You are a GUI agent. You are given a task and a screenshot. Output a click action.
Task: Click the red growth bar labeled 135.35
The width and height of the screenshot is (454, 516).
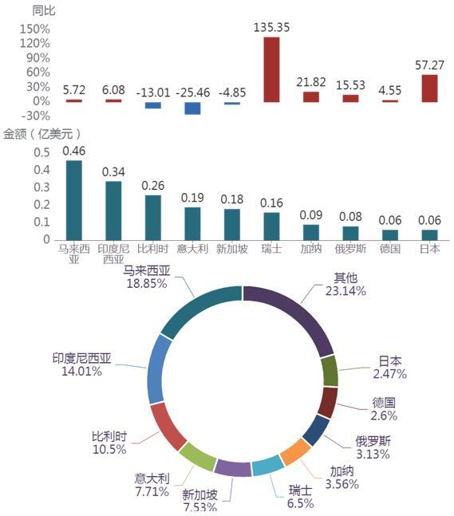pyautogui.click(x=271, y=69)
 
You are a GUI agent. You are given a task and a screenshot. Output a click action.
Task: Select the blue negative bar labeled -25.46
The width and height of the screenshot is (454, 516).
pyautogui.click(x=192, y=108)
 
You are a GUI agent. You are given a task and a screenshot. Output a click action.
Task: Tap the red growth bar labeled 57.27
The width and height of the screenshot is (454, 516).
pyautogui.click(x=429, y=89)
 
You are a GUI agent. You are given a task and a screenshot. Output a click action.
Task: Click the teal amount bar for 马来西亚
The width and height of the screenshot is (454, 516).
pyautogui.click(x=74, y=200)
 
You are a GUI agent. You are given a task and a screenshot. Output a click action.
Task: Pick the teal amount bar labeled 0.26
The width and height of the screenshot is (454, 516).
pyautogui.click(x=153, y=218)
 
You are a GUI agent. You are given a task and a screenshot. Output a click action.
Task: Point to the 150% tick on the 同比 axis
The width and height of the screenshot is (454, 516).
pyautogui.click(x=35, y=29)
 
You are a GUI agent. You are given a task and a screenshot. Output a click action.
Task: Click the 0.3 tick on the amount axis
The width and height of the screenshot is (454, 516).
pyautogui.click(x=41, y=187)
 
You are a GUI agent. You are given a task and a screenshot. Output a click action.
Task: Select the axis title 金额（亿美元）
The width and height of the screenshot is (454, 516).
pyautogui.click(x=41, y=134)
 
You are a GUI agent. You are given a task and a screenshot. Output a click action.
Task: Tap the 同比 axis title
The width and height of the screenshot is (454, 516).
pyautogui.click(x=43, y=11)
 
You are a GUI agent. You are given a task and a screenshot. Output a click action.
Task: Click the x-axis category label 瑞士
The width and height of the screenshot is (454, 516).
pyautogui.click(x=271, y=249)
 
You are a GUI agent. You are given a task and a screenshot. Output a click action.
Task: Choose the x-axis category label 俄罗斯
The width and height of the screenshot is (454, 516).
pyautogui.click(x=350, y=249)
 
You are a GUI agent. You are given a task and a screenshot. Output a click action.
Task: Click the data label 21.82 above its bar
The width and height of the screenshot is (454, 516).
pyautogui.click(x=311, y=82)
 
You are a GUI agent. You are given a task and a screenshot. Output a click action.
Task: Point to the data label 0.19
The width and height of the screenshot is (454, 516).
pyautogui.click(x=192, y=198)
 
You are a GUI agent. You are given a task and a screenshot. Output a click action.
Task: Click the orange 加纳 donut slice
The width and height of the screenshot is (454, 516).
pyautogui.click(x=295, y=451)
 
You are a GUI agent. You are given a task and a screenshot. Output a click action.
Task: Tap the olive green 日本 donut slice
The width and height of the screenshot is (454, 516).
pyautogui.click(x=330, y=371)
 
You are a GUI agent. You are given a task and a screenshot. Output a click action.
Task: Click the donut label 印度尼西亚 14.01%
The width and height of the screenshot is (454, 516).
pyautogui.click(x=81, y=365)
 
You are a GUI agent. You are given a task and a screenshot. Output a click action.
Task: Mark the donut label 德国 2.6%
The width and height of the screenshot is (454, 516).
pyautogui.click(x=384, y=409)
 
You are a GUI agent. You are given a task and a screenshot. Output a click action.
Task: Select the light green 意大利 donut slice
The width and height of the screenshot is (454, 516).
pyautogui.click(x=198, y=456)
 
